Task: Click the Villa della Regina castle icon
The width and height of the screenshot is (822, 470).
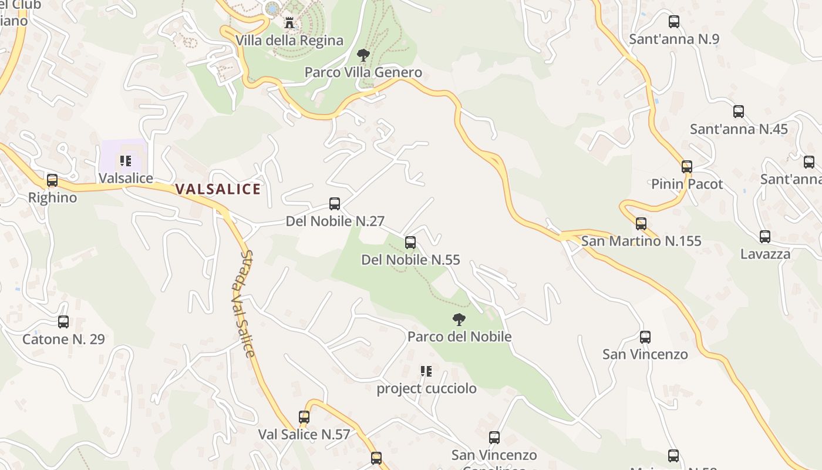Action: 289,23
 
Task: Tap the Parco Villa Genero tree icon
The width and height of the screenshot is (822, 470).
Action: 363,55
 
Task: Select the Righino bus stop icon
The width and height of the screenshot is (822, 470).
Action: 52,180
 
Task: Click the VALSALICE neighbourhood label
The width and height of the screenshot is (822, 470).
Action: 218,189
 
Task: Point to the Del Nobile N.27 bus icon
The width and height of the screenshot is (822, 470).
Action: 335,204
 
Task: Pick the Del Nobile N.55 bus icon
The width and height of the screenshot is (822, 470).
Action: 410,242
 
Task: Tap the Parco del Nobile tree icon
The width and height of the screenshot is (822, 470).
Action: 459,320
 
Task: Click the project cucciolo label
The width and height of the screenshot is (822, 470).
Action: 426,388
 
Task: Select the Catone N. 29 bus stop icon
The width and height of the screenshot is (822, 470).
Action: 63,322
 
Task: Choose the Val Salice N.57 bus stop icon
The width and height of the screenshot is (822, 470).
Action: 304,417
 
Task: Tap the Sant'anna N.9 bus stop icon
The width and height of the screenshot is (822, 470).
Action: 674,22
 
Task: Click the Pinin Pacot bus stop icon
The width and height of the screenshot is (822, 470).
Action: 687,167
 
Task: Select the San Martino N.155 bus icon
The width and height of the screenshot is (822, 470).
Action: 641,224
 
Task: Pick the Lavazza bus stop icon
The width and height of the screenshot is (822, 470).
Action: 765,237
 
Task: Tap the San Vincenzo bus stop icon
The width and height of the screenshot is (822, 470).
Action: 645,337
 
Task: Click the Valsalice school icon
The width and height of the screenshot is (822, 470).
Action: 125,160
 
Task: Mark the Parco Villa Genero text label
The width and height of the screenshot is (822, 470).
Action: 363,72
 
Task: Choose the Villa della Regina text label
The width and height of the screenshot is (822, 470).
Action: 289,40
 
